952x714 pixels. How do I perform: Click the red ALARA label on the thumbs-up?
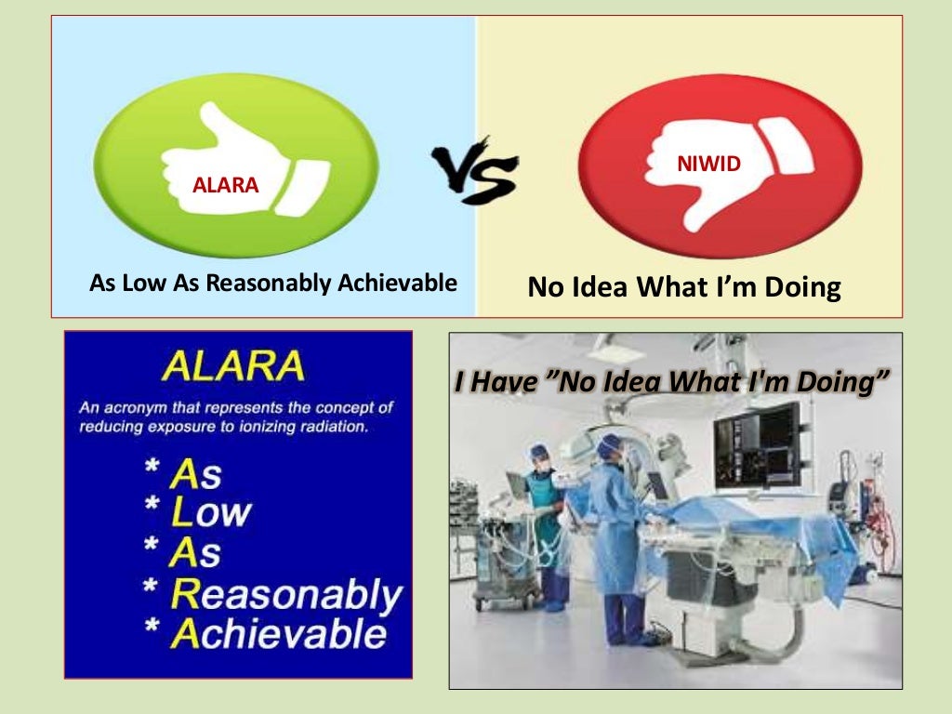225,185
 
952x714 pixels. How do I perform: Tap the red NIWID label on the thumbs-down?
721,165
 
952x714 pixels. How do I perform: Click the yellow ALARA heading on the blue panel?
232,365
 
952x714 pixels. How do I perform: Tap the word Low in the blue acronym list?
210,512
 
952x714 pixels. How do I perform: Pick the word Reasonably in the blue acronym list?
286,593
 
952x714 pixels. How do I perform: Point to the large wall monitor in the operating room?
757,445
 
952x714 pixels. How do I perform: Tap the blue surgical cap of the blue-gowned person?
609,447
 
